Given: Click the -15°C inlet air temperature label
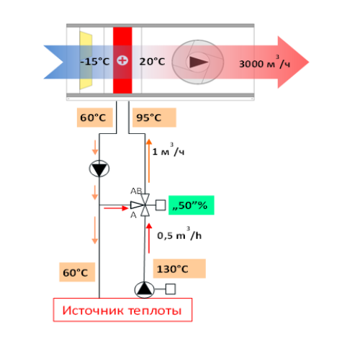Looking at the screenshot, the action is point(95,62).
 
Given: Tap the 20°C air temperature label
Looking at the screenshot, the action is point(152,62).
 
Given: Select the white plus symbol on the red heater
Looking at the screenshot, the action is point(122,60).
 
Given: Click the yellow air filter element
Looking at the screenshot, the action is point(86,60).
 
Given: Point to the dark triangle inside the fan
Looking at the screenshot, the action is point(198,62).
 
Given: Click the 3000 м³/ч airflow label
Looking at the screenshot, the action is point(265,62).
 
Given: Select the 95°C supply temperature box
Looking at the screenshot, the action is point(154,117).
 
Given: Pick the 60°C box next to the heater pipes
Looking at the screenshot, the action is point(95,117).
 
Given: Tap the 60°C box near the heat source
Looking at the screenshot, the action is point(77,272).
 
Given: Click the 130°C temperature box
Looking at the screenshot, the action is point(179,269).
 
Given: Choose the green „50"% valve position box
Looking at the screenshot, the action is point(192,205).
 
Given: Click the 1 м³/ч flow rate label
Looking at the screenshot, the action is point(168,150).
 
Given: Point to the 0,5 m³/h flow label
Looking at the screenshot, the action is point(179,234).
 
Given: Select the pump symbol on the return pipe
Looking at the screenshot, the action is point(99,168).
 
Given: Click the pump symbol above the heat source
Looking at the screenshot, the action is point(144,289).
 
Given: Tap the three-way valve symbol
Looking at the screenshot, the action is point(141,205).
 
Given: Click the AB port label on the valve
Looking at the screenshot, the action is point(136,191).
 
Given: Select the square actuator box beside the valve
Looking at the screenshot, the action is point(161,205).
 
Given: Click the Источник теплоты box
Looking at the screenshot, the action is point(122,310).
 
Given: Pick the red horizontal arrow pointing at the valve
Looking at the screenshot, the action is point(116,208).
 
